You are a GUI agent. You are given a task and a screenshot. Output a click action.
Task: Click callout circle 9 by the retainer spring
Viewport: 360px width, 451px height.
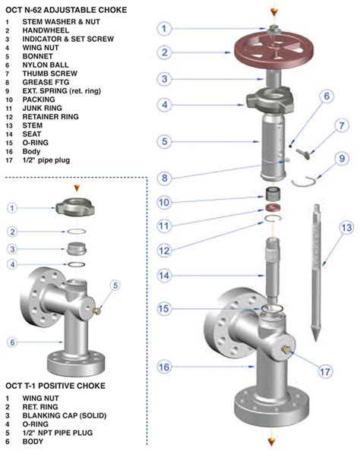point(343,159)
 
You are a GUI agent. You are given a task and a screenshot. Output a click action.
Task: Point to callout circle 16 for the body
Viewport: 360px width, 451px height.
point(165,367)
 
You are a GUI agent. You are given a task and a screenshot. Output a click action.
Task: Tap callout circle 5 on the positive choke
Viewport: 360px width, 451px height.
point(115,285)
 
